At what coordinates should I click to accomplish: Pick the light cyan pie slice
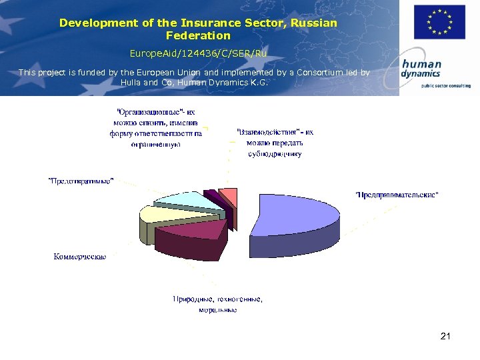click(x=180, y=199)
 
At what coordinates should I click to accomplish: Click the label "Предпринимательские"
click(x=397, y=195)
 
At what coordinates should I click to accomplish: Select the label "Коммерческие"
click(x=80, y=257)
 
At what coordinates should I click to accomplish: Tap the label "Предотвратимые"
click(x=81, y=181)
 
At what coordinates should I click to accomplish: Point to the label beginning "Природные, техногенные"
click(x=218, y=304)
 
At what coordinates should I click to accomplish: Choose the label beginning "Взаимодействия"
click(x=274, y=143)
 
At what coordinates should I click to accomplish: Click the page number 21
click(x=445, y=336)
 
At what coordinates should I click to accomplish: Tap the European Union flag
click(x=439, y=22)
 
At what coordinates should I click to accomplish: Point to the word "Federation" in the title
click(x=198, y=35)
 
